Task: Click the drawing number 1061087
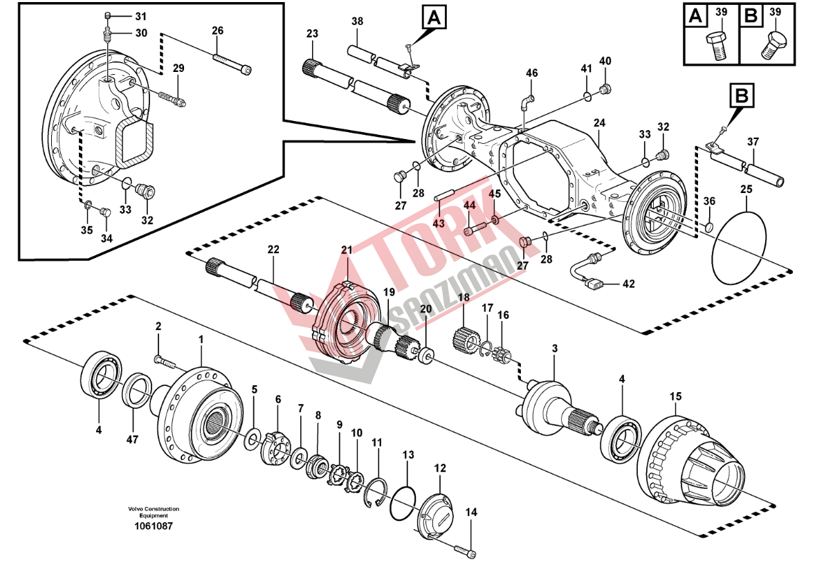click(x=154, y=526)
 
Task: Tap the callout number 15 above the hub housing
click(x=676, y=396)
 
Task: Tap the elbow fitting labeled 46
click(x=526, y=102)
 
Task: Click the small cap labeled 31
click(x=107, y=15)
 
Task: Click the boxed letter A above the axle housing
click(x=434, y=17)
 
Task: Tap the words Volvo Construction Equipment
click(x=154, y=512)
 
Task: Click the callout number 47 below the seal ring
click(x=132, y=439)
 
